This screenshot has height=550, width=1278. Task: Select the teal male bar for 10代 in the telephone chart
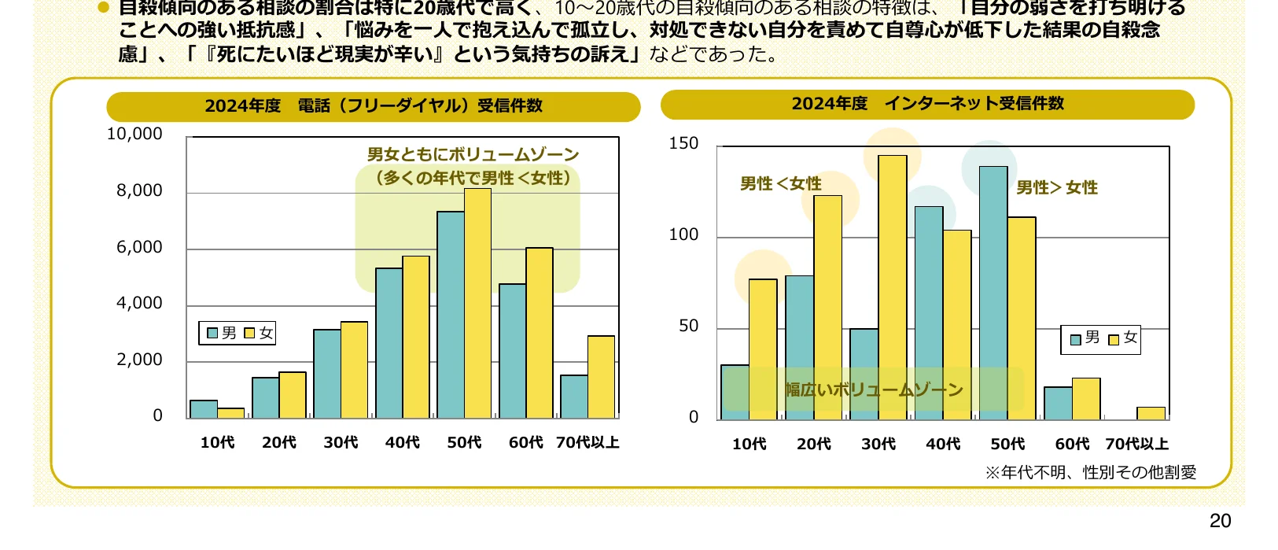(x=204, y=409)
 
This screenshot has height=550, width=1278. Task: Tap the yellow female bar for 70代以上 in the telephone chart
(x=601, y=377)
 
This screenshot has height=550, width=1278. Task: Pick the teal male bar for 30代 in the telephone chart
(x=327, y=374)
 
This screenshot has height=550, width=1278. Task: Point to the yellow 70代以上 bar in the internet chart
(x=1151, y=413)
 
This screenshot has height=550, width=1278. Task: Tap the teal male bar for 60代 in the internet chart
(x=1058, y=403)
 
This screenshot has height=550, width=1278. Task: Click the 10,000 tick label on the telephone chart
(x=134, y=135)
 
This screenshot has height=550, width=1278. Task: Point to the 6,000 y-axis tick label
(x=139, y=247)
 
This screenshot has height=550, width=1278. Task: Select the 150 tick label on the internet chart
(x=683, y=143)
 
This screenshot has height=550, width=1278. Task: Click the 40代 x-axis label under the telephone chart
(x=402, y=443)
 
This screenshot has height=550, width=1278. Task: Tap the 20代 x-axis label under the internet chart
(x=813, y=445)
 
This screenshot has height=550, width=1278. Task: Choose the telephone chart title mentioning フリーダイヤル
(x=374, y=106)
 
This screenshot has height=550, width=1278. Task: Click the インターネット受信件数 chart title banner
(x=927, y=104)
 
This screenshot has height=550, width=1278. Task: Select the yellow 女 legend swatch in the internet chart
(x=1114, y=340)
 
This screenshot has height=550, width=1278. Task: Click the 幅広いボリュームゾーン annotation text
(x=874, y=389)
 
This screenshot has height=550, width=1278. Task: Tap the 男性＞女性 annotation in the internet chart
(x=1056, y=187)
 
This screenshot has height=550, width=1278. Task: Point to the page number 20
(x=1220, y=521)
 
